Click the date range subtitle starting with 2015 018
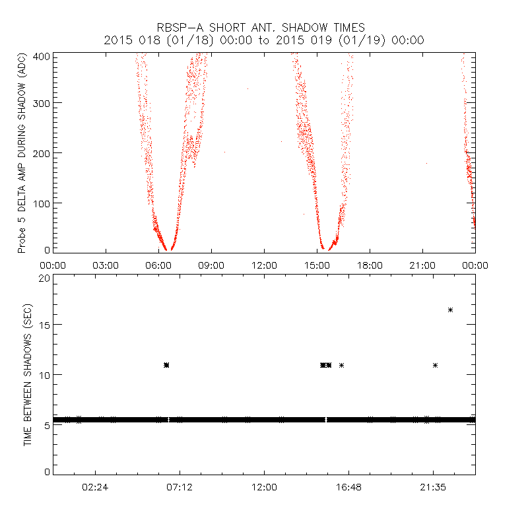click(x=264, y=40)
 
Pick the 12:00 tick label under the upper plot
click(x=264, y=265)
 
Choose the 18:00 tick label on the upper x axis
click(x=370, y=265)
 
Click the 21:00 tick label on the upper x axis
click(x=422, y=265)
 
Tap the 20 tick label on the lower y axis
click(x=45, y=278)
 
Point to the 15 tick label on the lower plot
click(x=45, y=325)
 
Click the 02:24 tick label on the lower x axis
click(x=95, y=486)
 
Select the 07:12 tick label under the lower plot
click(x=180, y=486)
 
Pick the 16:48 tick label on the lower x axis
click(x=348, y=486)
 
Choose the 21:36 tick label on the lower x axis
click(x=433, y=486)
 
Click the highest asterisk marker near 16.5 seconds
click(x=451, y=310)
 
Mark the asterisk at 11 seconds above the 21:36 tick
click(x=436, y=365)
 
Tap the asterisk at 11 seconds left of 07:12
click(x=166, y=365)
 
